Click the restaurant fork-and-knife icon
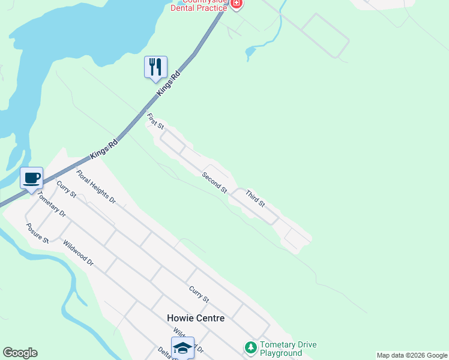(x=155, y=67)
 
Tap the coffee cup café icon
(x=31, y=178)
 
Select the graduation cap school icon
(x=182, y=348)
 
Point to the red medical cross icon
(x=237, y=4)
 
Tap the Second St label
(x=214, y=182)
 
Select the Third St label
(x=255, y=199)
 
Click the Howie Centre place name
(x=196, y=318)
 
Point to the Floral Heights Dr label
(x=95, y=187)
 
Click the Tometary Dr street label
(x=51, y=205)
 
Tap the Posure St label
(x=37, y=233)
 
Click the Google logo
(x=20, y=353)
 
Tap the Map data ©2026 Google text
(x=412, y=355)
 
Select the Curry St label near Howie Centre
(x=199, y=294)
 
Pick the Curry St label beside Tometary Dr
(x=66, y=189)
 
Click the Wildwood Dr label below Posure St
(x=79, y=254)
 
